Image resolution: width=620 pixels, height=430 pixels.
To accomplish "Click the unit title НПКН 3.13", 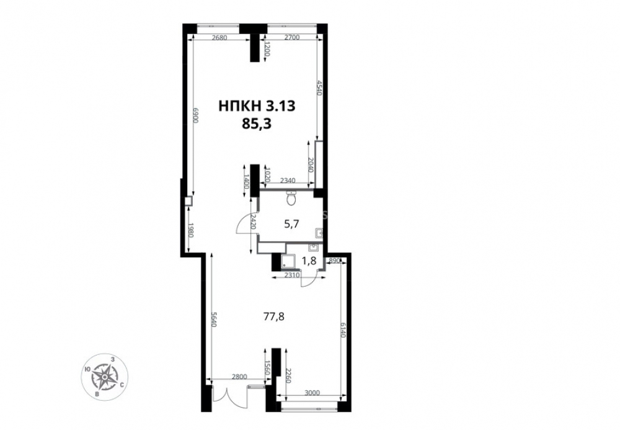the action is tap(257, 106).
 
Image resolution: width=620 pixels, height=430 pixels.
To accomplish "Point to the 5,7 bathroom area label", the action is tap(291, 224).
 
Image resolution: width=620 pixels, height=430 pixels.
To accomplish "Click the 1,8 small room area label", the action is tap(309, 261).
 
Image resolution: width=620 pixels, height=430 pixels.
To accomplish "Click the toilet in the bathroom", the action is tap(291, 198).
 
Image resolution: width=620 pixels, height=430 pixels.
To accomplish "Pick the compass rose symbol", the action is tap(104, 377).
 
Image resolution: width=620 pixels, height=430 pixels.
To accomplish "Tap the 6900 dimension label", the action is tap(195, 115).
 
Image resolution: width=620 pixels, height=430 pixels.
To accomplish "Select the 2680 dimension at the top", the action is tap(219, 38).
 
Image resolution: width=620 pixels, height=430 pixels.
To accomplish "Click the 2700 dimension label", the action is tap(292, 38).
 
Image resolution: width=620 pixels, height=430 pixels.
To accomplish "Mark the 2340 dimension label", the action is tap(288, 181).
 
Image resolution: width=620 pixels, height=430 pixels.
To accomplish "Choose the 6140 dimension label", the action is tap(343, 329).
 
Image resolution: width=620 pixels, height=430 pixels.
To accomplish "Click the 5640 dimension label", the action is tap(213, 319).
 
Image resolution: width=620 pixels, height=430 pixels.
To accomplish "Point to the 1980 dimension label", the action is tap(190, 231).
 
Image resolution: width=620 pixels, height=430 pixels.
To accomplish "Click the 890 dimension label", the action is tap(334, 260).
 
